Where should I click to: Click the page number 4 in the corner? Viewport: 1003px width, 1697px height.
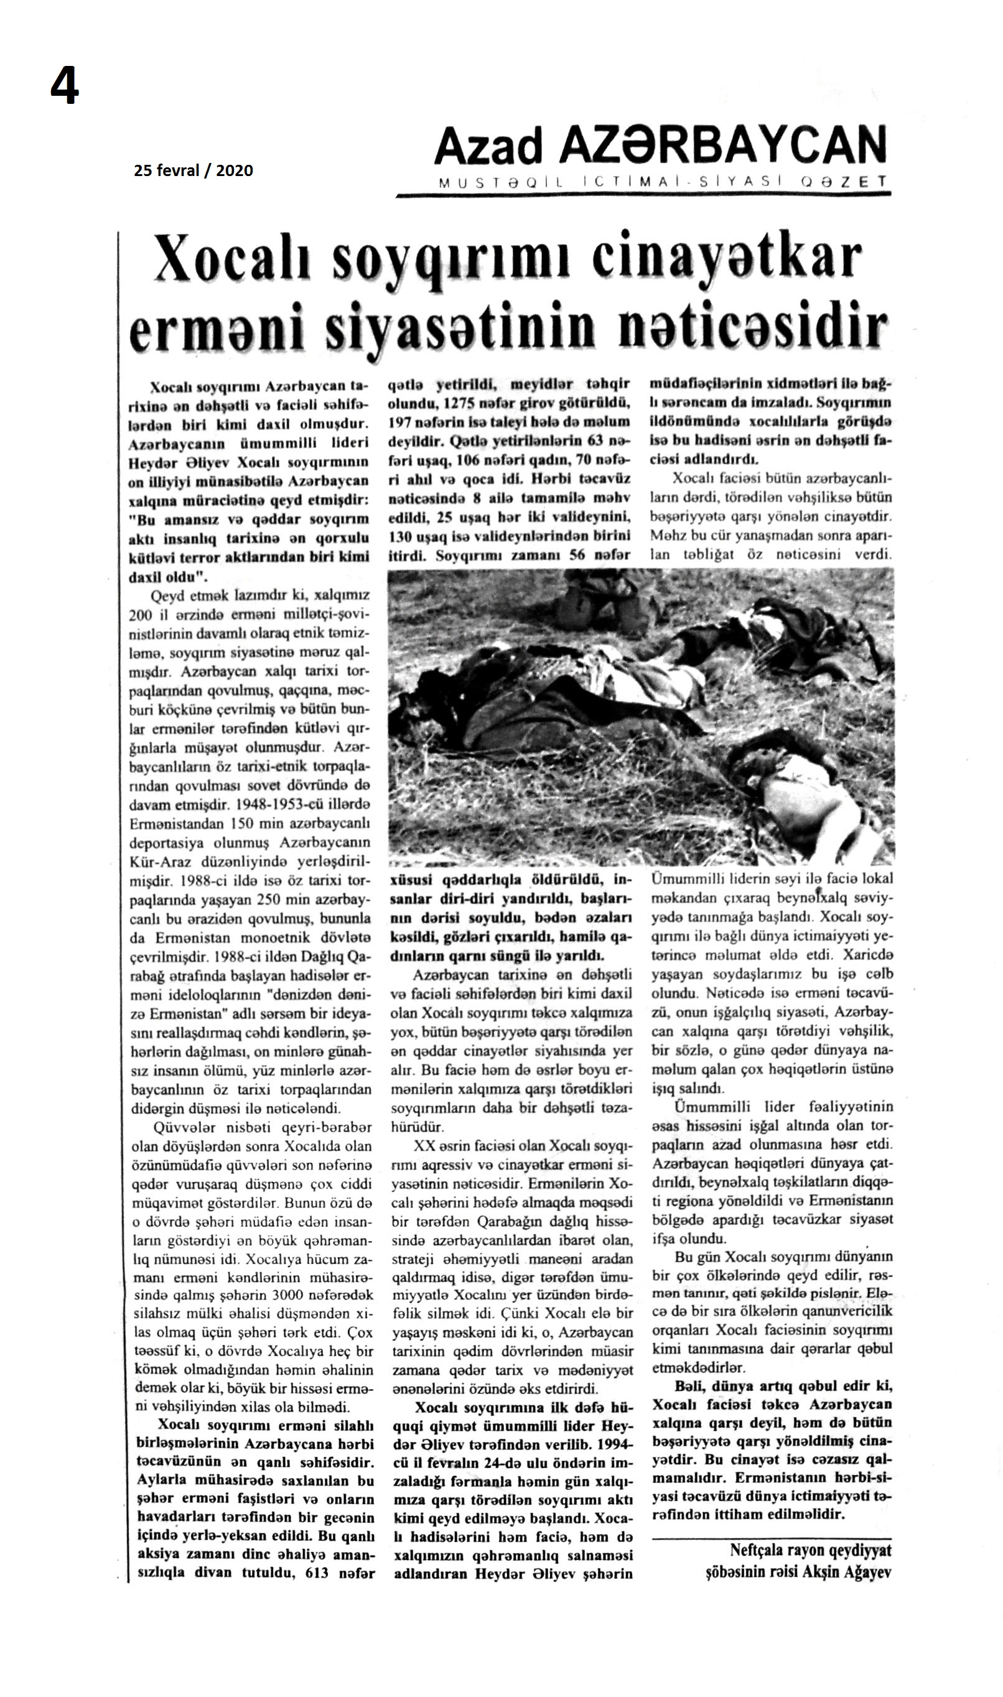(65, 88)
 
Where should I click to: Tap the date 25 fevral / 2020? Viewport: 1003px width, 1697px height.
(194, 170)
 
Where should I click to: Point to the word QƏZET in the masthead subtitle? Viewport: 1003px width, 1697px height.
(844, 182)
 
